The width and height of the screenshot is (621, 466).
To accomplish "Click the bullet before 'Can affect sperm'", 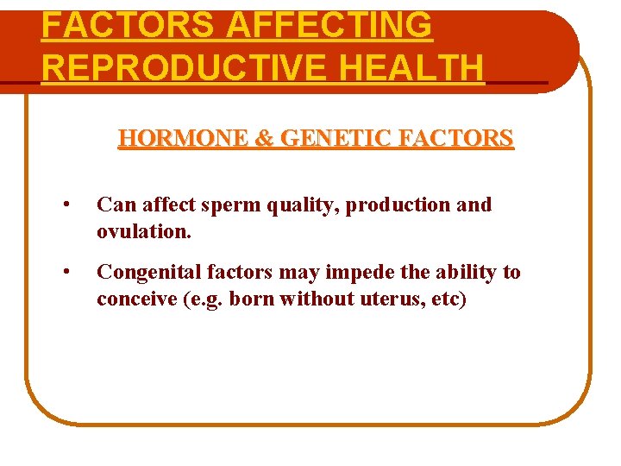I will (x=66, y=206).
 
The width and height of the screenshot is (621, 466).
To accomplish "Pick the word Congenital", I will (x=147, y=273).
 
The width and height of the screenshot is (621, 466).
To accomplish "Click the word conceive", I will (x=135, y=299).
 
